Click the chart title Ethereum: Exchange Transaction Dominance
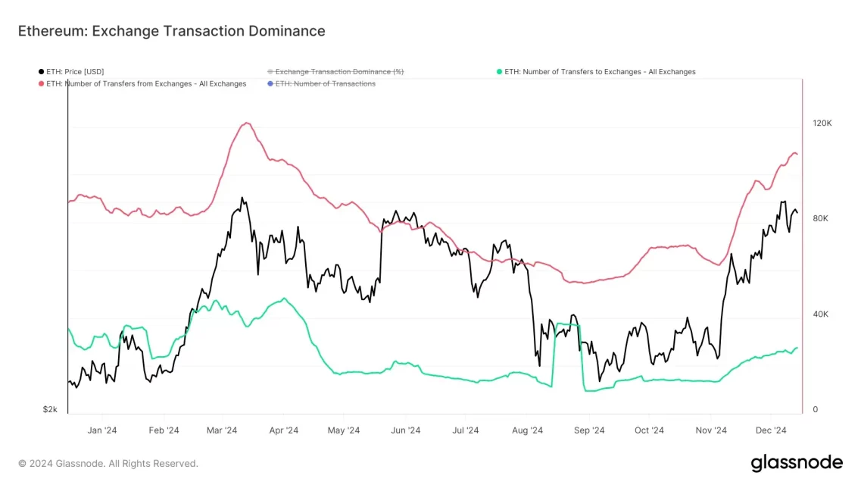(171, 31)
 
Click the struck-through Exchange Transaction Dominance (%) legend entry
(338, 72)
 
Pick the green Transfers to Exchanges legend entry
(599, 72)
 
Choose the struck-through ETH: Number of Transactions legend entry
(325, 84)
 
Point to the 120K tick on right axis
(822, 123)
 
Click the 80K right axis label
(820, 218)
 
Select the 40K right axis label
(820, 314)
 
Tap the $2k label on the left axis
(50, 409)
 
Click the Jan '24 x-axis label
(101, 430)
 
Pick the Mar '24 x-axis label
(221, 430)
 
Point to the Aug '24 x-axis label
(527, 430)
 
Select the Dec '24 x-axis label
(770, 430)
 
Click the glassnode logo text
(796, 462)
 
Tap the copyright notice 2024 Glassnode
(108, 463)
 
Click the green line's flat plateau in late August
(568, 324)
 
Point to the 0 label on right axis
(815, 409)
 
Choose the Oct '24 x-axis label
(649, 430)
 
